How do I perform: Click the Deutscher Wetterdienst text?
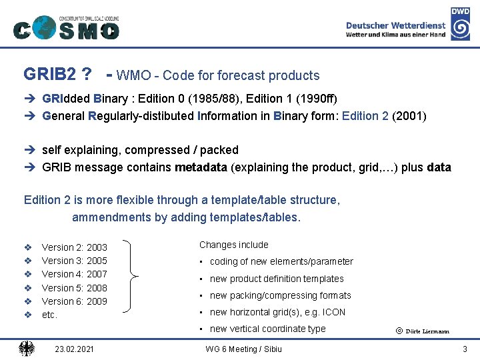coord(396,25)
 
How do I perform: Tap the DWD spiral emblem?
coord(461,28)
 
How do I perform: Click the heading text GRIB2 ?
coord(57,75)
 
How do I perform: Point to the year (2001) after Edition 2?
coord(409,116)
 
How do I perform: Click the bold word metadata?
coord(201,167)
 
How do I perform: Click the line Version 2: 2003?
coord(74,247)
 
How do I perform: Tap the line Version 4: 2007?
coord(74,274)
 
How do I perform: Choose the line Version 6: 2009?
coord(74,301)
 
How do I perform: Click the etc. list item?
coord(49,315)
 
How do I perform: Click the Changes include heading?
coord(233,245)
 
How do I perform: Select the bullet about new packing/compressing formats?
coord(280,295)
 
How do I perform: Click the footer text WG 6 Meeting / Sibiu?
coord(243,349)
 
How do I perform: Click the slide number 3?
coord(465,349)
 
